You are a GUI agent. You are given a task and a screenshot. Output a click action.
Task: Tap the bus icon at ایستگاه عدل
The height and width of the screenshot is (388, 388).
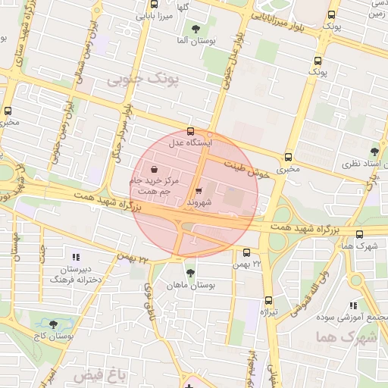190,130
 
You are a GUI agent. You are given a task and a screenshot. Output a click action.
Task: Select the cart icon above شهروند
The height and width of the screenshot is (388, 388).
199,191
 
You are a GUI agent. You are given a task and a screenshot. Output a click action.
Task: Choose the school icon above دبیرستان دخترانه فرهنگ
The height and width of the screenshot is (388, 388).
74,256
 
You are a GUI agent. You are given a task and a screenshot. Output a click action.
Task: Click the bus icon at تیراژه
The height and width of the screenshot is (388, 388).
268,300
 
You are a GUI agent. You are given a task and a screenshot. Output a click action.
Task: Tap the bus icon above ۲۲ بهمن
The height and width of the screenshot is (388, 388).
246,252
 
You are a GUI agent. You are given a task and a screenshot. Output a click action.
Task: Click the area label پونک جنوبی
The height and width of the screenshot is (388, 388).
145,79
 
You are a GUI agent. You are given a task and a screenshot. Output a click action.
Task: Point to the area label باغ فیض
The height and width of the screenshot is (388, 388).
98,374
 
